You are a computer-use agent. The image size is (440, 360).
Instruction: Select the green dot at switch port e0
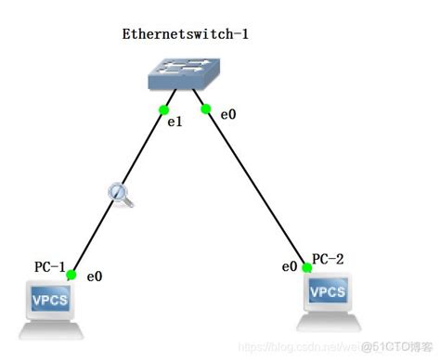pyautogui.click(x=206, y=109)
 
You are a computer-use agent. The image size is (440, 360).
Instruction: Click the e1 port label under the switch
pyautogui.click(x=173, y=122)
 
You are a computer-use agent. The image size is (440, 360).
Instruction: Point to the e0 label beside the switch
pyautogui.click(x=227, y=114)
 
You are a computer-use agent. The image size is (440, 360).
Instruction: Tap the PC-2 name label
pyautogui.click(x=328, y=259)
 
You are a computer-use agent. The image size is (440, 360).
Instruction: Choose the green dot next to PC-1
pyautogui.click(x=71, y=273)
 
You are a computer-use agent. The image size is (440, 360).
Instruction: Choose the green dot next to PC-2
pyautogui.click(x=303, y=266)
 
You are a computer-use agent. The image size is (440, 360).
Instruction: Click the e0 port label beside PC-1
pyautogui.click(x=94, y=276)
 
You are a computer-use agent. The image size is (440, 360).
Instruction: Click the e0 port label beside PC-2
pyautogui.click(x=289, y=267)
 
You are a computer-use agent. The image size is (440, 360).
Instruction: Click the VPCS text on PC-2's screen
pyautogui.click(x=328, y=291)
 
